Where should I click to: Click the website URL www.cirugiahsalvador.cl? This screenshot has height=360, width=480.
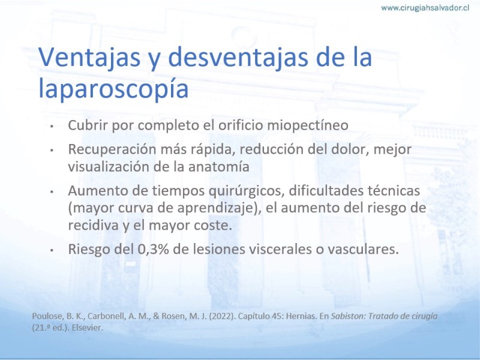(425, 8)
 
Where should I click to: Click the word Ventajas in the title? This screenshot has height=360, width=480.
(89, 58)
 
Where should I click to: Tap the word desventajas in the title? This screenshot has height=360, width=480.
(238, 58)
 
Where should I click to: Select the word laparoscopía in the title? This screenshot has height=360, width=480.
(113, 88)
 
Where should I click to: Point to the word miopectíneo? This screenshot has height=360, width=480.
(308, 125)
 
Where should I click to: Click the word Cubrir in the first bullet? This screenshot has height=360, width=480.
(88, 125)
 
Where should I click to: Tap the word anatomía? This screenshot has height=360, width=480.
(218, 167)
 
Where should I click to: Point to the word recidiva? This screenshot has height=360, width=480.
(94, 226)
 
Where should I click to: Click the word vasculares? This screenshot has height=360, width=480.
(364, 250)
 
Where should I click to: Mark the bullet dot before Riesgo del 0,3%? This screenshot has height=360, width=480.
(52, 250)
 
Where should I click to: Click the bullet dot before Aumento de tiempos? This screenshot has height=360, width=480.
(52, 191)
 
